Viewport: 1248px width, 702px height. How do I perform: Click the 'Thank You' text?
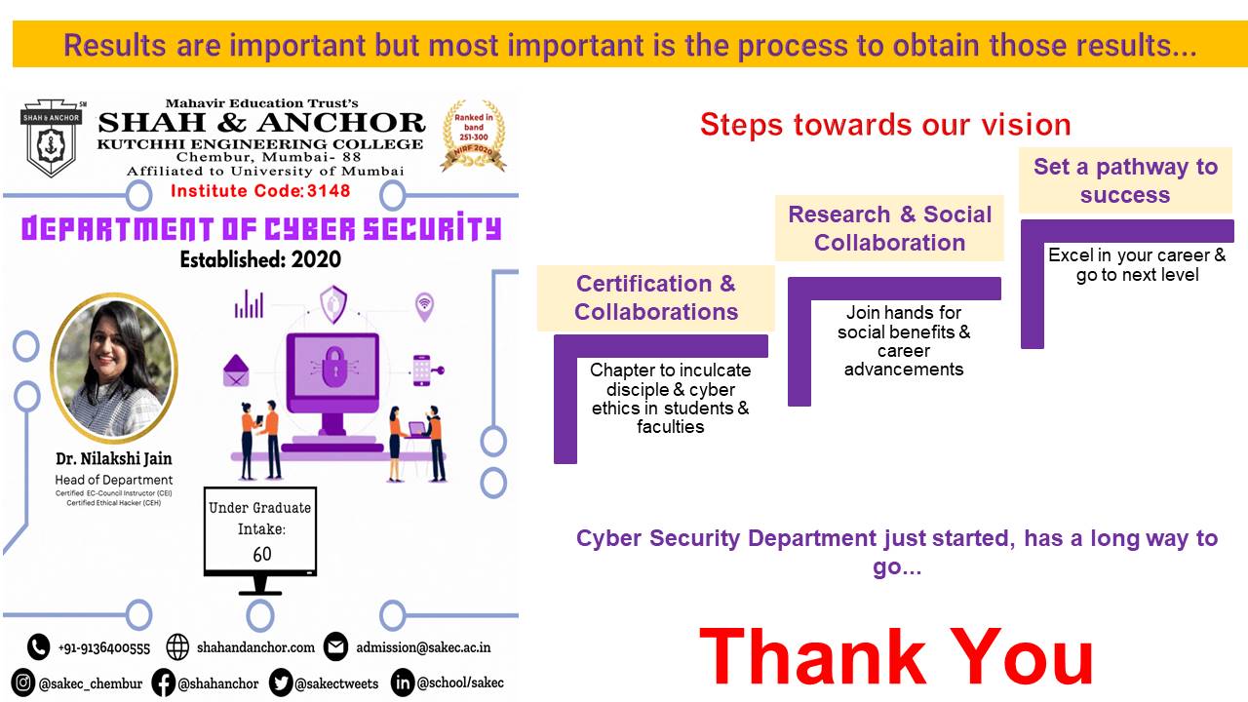click(896, 657)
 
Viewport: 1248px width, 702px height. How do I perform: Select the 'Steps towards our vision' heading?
click(885, 125)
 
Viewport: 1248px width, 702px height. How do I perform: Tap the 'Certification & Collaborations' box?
click(655, 298)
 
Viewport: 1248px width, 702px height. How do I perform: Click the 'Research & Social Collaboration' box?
click(889, 229)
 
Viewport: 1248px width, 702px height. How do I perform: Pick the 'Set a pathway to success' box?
click(1124, 180)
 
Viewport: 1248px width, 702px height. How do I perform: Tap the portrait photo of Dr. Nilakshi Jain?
click(114, 367)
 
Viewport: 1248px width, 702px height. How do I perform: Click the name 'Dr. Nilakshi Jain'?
click(114, 458)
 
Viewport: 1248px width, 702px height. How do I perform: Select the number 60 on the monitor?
click(261, 555)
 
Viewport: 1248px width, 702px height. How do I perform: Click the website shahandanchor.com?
click(255, 647)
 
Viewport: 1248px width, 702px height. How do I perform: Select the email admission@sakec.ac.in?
click(422, 647)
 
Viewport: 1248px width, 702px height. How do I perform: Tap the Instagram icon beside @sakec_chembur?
click(23, 682)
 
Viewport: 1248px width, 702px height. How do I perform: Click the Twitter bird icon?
click(281, 682)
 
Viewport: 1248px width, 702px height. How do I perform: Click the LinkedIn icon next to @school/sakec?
click(402, 682)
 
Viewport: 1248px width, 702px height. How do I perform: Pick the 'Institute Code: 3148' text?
click(259, 190)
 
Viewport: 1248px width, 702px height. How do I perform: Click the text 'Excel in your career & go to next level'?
click(1137, 265)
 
